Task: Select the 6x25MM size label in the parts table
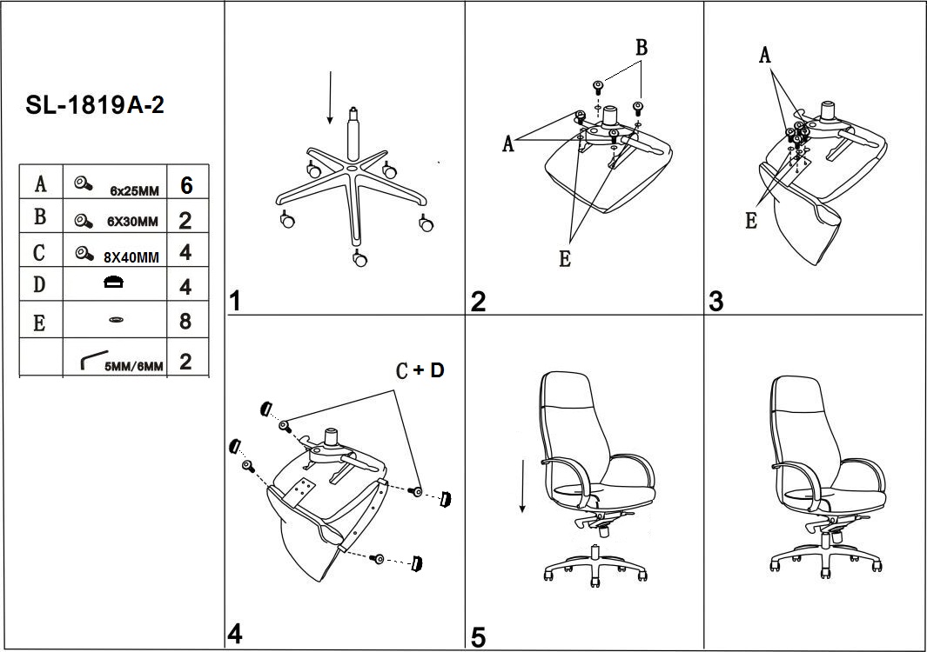[134, 190]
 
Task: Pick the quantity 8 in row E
[185, 322]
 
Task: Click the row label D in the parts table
[40, 285]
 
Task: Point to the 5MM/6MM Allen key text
[133, 366]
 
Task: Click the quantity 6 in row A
[185, 185]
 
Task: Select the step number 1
[235, 302]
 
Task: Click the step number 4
[235, 635]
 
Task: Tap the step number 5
[478, 637]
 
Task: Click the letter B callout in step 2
[642, 49]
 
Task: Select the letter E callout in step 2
[565, 259]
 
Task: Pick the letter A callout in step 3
[765, 56]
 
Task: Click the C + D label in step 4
[420, 371]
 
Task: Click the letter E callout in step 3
[751, 221]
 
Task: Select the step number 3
[715, 302]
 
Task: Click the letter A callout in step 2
[508, 144]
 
